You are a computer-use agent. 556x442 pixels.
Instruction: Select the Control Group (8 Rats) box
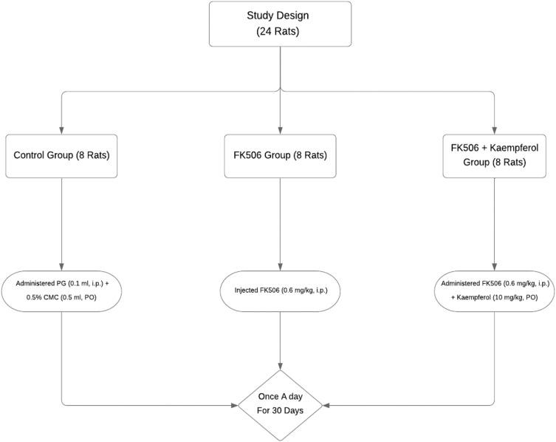62,155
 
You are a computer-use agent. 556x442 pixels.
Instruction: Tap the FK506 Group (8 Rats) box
281,155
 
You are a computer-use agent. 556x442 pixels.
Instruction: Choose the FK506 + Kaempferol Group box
495,155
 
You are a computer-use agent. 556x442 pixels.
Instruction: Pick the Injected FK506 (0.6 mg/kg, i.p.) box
281,289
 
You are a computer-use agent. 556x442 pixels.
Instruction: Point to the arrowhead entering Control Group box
62,129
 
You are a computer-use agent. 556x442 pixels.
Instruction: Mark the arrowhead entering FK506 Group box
281,129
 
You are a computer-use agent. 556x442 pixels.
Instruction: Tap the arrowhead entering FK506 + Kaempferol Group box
495,129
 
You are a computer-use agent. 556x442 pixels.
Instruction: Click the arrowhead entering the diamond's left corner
233,405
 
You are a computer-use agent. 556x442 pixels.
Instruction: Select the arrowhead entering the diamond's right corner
328,405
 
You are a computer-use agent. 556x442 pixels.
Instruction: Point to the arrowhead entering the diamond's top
281,365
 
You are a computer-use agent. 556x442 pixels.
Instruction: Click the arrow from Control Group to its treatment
62,222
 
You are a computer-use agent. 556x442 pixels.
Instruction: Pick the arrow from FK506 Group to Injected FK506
281,222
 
